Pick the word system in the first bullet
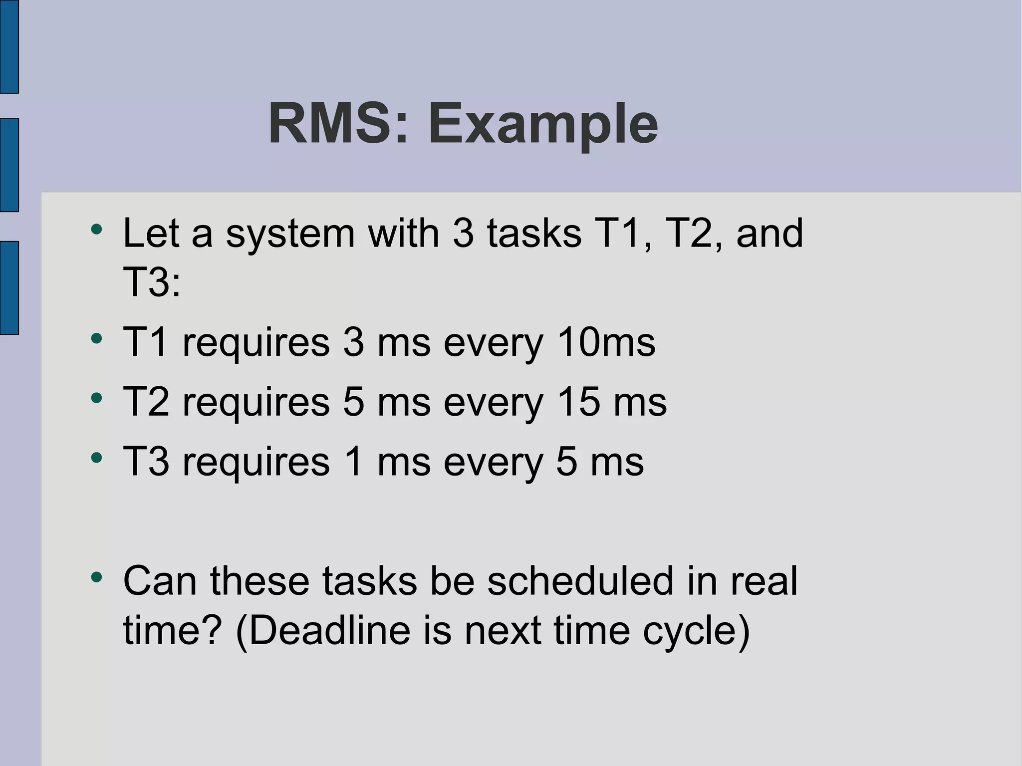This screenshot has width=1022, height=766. point(290,234)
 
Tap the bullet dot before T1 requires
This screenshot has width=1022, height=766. point(96,339)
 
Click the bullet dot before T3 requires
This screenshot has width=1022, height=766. point(96,458)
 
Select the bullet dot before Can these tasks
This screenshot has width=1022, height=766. point(96,577)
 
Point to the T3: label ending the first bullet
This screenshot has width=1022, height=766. point(151,282)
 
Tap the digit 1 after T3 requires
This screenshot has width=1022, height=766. point(354,462)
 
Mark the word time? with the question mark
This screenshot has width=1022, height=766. point(172,630)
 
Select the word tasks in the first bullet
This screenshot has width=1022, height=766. point(534,233)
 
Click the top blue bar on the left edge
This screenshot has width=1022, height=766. point(9,46)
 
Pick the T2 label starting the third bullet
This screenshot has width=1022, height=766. point(146,402)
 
